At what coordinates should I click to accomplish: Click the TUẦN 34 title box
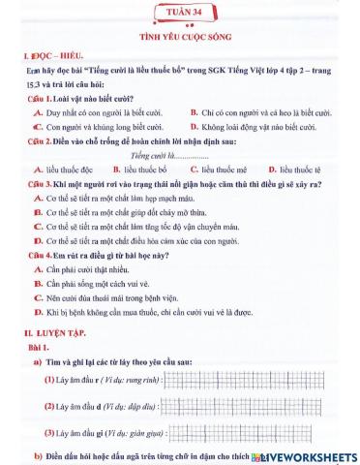pyautogui.click(x=180, y=13)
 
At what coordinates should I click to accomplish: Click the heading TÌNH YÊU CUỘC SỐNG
pyautogui.click(x=180, y=35)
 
